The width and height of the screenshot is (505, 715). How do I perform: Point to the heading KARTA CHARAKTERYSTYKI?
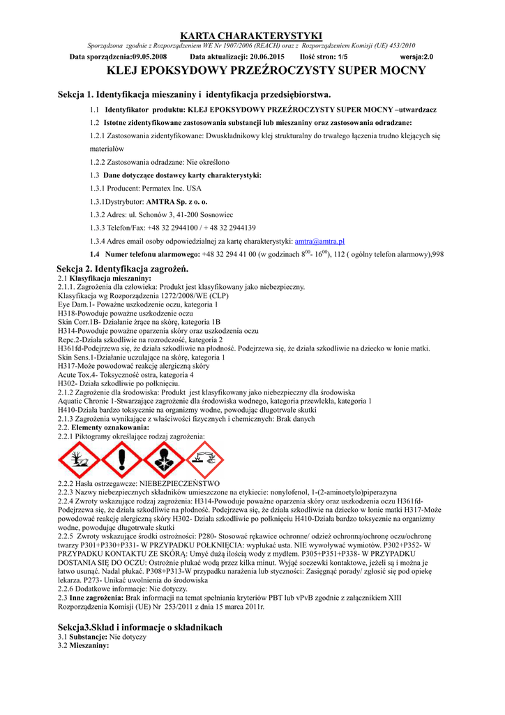pos(251,36)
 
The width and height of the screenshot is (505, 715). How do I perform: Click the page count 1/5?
pos(342,56)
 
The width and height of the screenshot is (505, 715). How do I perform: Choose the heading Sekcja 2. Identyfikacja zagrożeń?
pos(122,269)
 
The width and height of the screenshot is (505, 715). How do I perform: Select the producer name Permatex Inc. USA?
pos(171,189)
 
